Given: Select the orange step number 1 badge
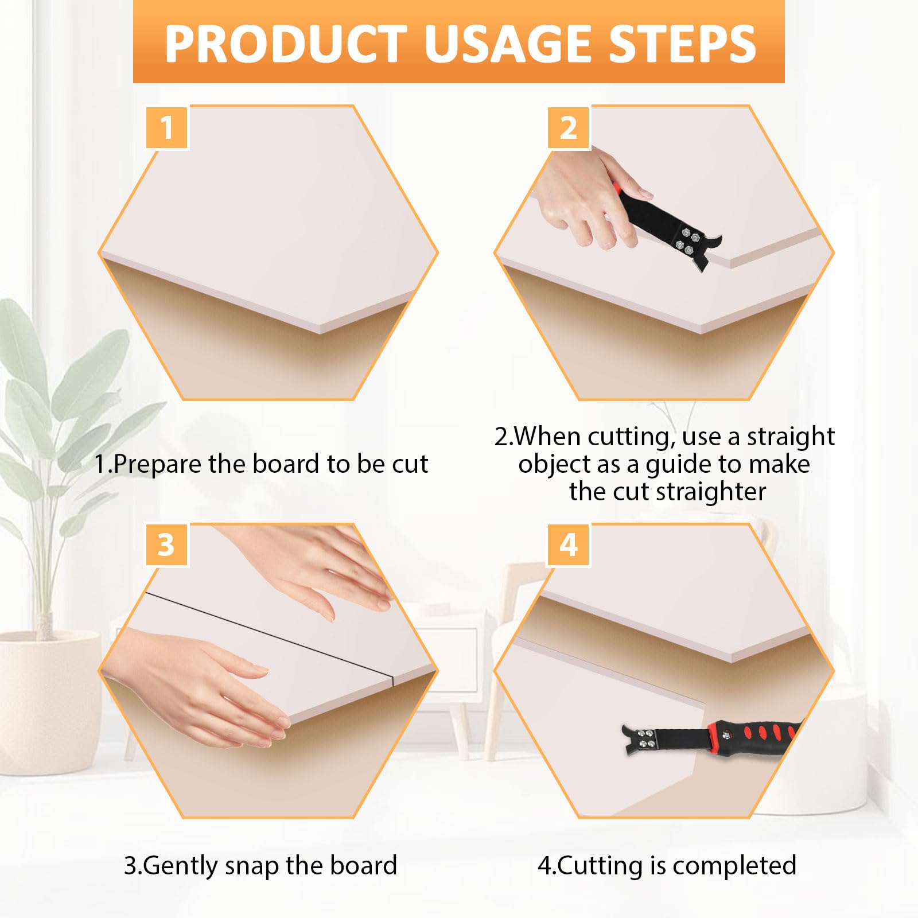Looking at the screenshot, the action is coord(167,127).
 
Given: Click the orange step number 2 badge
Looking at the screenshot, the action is coord(569,127).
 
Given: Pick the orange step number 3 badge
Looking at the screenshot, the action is coord(166,544).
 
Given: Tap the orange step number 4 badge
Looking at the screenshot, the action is coord(569,544).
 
